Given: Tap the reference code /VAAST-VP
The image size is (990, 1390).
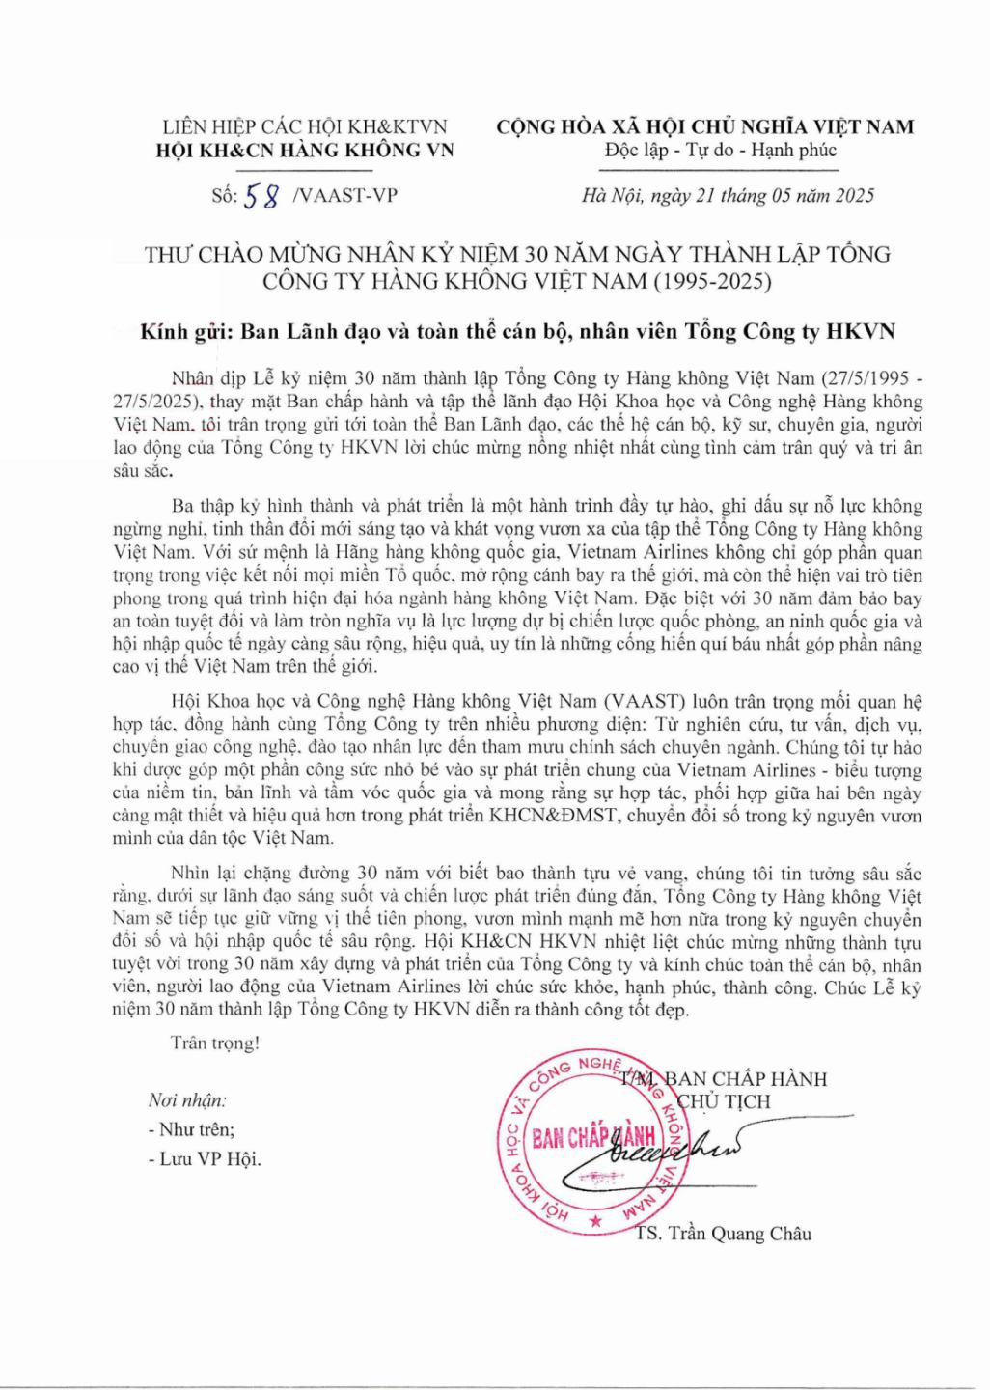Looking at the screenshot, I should click(x=343, y=196).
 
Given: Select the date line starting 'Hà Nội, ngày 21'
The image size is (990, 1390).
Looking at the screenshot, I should click(x=729, y=196).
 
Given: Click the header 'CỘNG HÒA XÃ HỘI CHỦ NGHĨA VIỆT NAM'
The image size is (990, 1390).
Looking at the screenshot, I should click(x=704, y=126).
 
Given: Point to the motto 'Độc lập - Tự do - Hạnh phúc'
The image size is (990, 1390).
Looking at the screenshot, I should click(x=721, y=150).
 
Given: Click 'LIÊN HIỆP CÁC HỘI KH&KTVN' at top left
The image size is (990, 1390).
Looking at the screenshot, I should click(x=305, y=126).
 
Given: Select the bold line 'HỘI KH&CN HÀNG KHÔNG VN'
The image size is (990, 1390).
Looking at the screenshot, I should click(x=305, y=150).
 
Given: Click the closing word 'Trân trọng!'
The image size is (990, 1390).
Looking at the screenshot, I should click(x=214, y=1043).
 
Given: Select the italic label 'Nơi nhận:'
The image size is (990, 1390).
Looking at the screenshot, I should click(x=187, y=1100).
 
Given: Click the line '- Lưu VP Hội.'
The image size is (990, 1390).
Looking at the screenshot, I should click(x=205, y=1159).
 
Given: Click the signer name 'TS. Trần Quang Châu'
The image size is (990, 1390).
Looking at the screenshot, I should click(x=724, y=1234).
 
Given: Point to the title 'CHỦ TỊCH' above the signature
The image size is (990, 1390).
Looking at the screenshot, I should click(x=725, y=1101).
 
